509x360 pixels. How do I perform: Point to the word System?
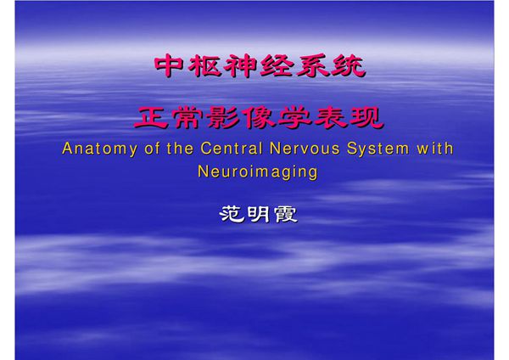point(375,149)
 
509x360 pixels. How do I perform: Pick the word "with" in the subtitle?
point(433,149)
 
